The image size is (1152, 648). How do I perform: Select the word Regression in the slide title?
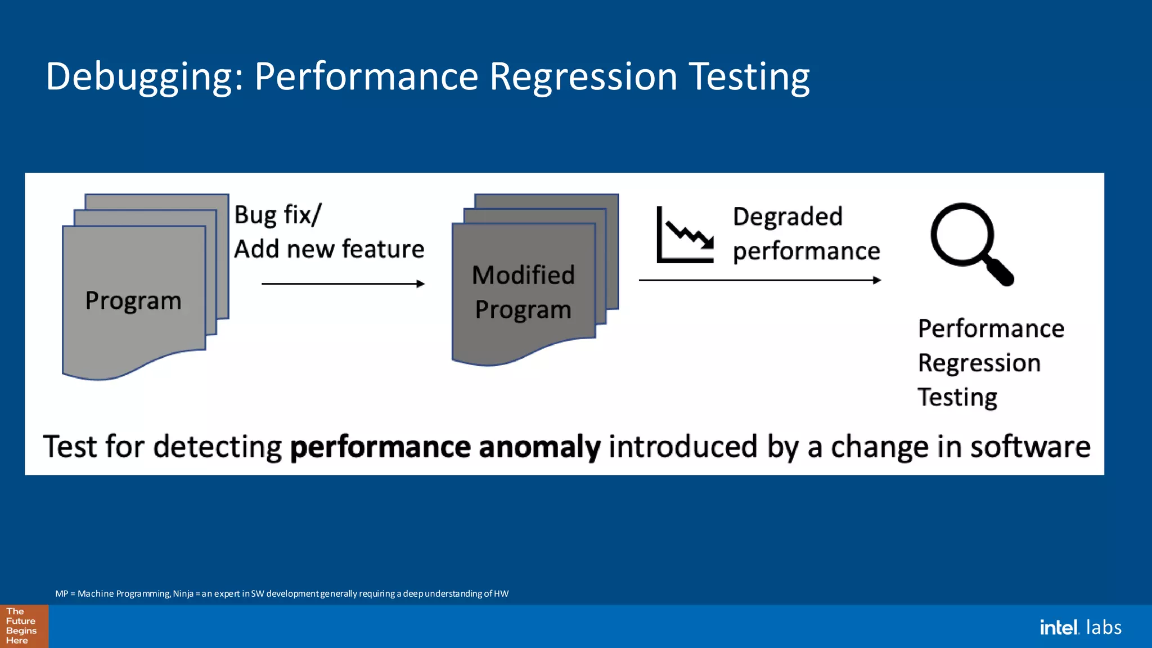point(583,77)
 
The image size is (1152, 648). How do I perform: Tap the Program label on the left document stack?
point(133,300)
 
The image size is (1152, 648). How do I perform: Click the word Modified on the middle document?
point(523,275)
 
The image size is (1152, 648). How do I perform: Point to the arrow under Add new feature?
point(343,284)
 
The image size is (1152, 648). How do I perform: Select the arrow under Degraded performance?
point(759,280)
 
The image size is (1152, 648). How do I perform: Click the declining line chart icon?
point(685,235)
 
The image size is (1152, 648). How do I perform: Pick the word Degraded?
point(787,217)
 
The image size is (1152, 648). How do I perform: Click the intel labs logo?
point(1080,627)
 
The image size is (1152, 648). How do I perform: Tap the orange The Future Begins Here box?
point(24,626)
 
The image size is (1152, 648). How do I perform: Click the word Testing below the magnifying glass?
point(957,398)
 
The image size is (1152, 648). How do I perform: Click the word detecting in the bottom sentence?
point(217,448)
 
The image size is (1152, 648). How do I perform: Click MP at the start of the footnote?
point(61,594)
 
